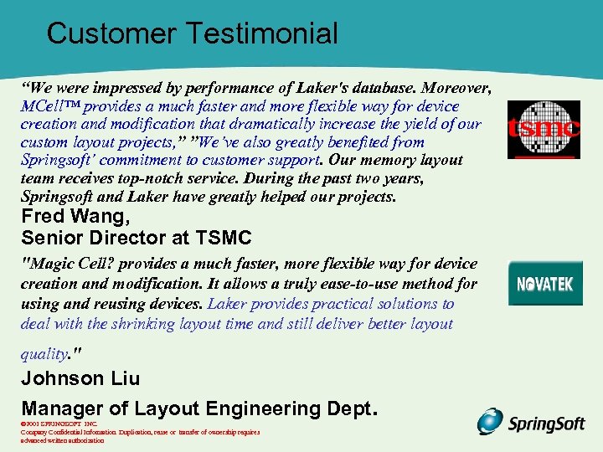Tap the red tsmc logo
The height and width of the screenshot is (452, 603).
tap(544, 130)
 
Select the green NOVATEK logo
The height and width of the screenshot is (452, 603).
tap(544, 284)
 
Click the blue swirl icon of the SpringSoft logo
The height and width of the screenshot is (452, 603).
tap(490, 422)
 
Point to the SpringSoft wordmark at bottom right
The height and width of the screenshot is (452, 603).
tap(547, 424)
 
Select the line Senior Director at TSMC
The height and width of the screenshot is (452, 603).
tap(136, 237)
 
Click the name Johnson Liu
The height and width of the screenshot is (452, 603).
tap(80, 378)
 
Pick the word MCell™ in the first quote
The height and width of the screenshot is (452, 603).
tap(49, 106)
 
